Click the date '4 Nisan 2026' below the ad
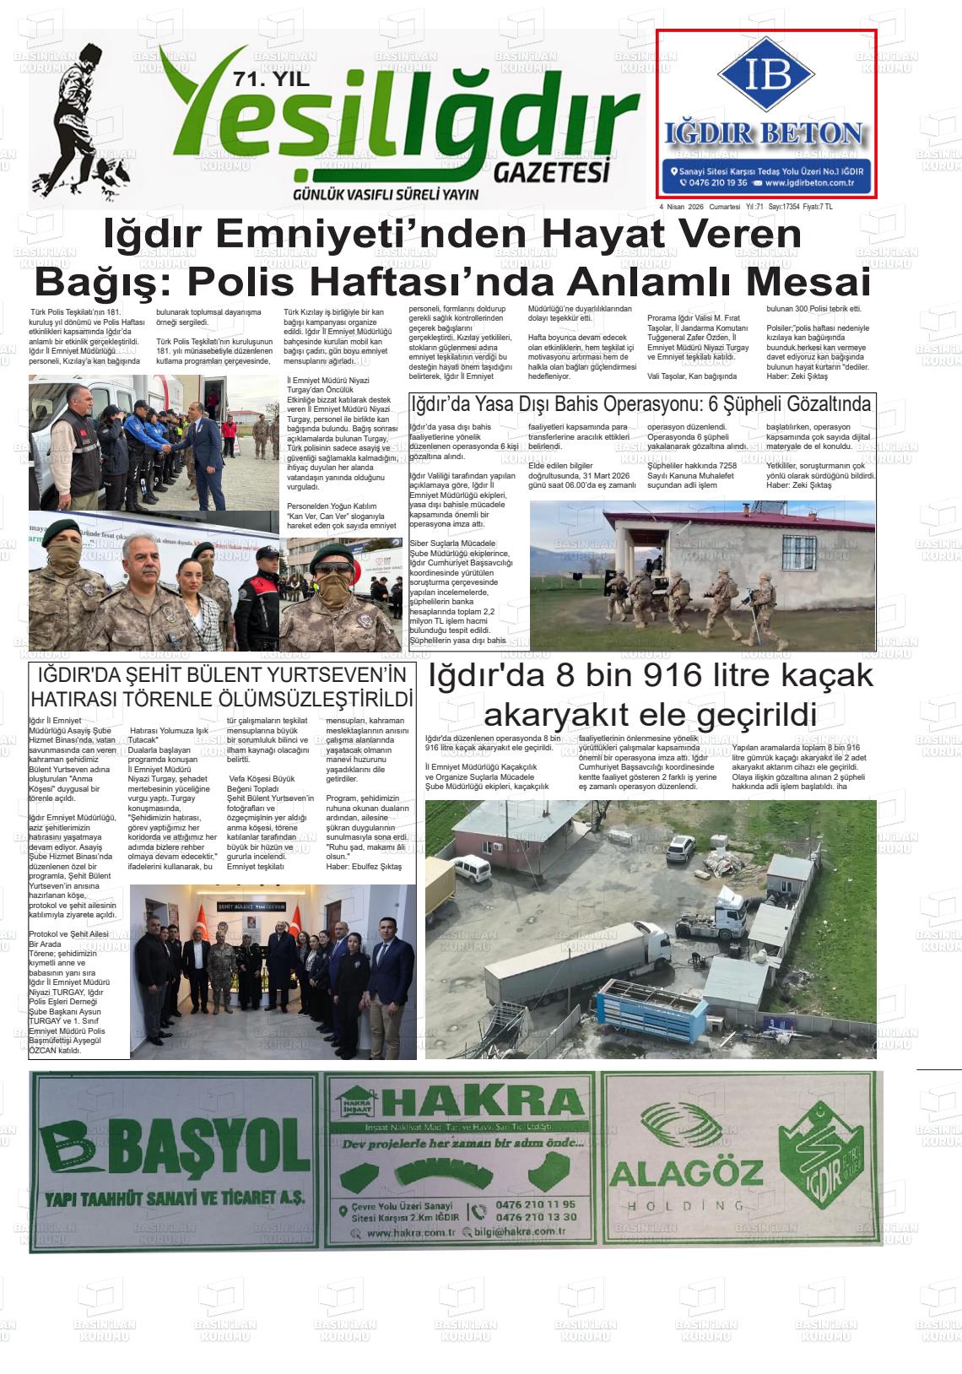pyautogui.click(x=681, y=207)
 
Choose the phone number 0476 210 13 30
pyautogui.click(x=536, y=1216)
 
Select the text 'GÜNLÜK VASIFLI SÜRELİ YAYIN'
pyautogui.click(x=385, y=194)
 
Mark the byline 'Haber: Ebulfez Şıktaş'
pyautogui.click(x=364, y=866)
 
